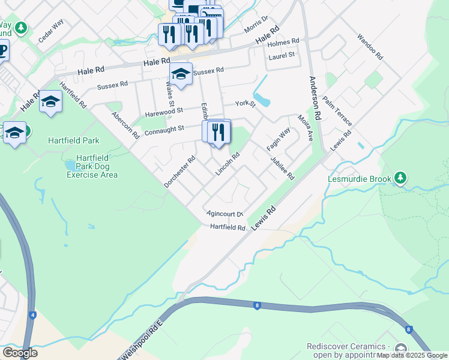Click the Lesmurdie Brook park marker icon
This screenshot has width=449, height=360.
point(401,178)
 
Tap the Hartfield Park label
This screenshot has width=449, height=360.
point(73,141)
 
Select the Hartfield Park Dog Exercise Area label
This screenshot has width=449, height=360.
point(92,166)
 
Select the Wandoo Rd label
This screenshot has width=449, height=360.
point(370,46)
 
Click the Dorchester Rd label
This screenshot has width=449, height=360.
point(180,172)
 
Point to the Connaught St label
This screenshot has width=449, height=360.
point(163,129)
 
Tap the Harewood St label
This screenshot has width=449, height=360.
point(164,112)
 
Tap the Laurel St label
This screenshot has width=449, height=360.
point(282,55)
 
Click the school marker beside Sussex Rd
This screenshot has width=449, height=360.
point(180,74)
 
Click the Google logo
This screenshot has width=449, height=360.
point(20,353)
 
